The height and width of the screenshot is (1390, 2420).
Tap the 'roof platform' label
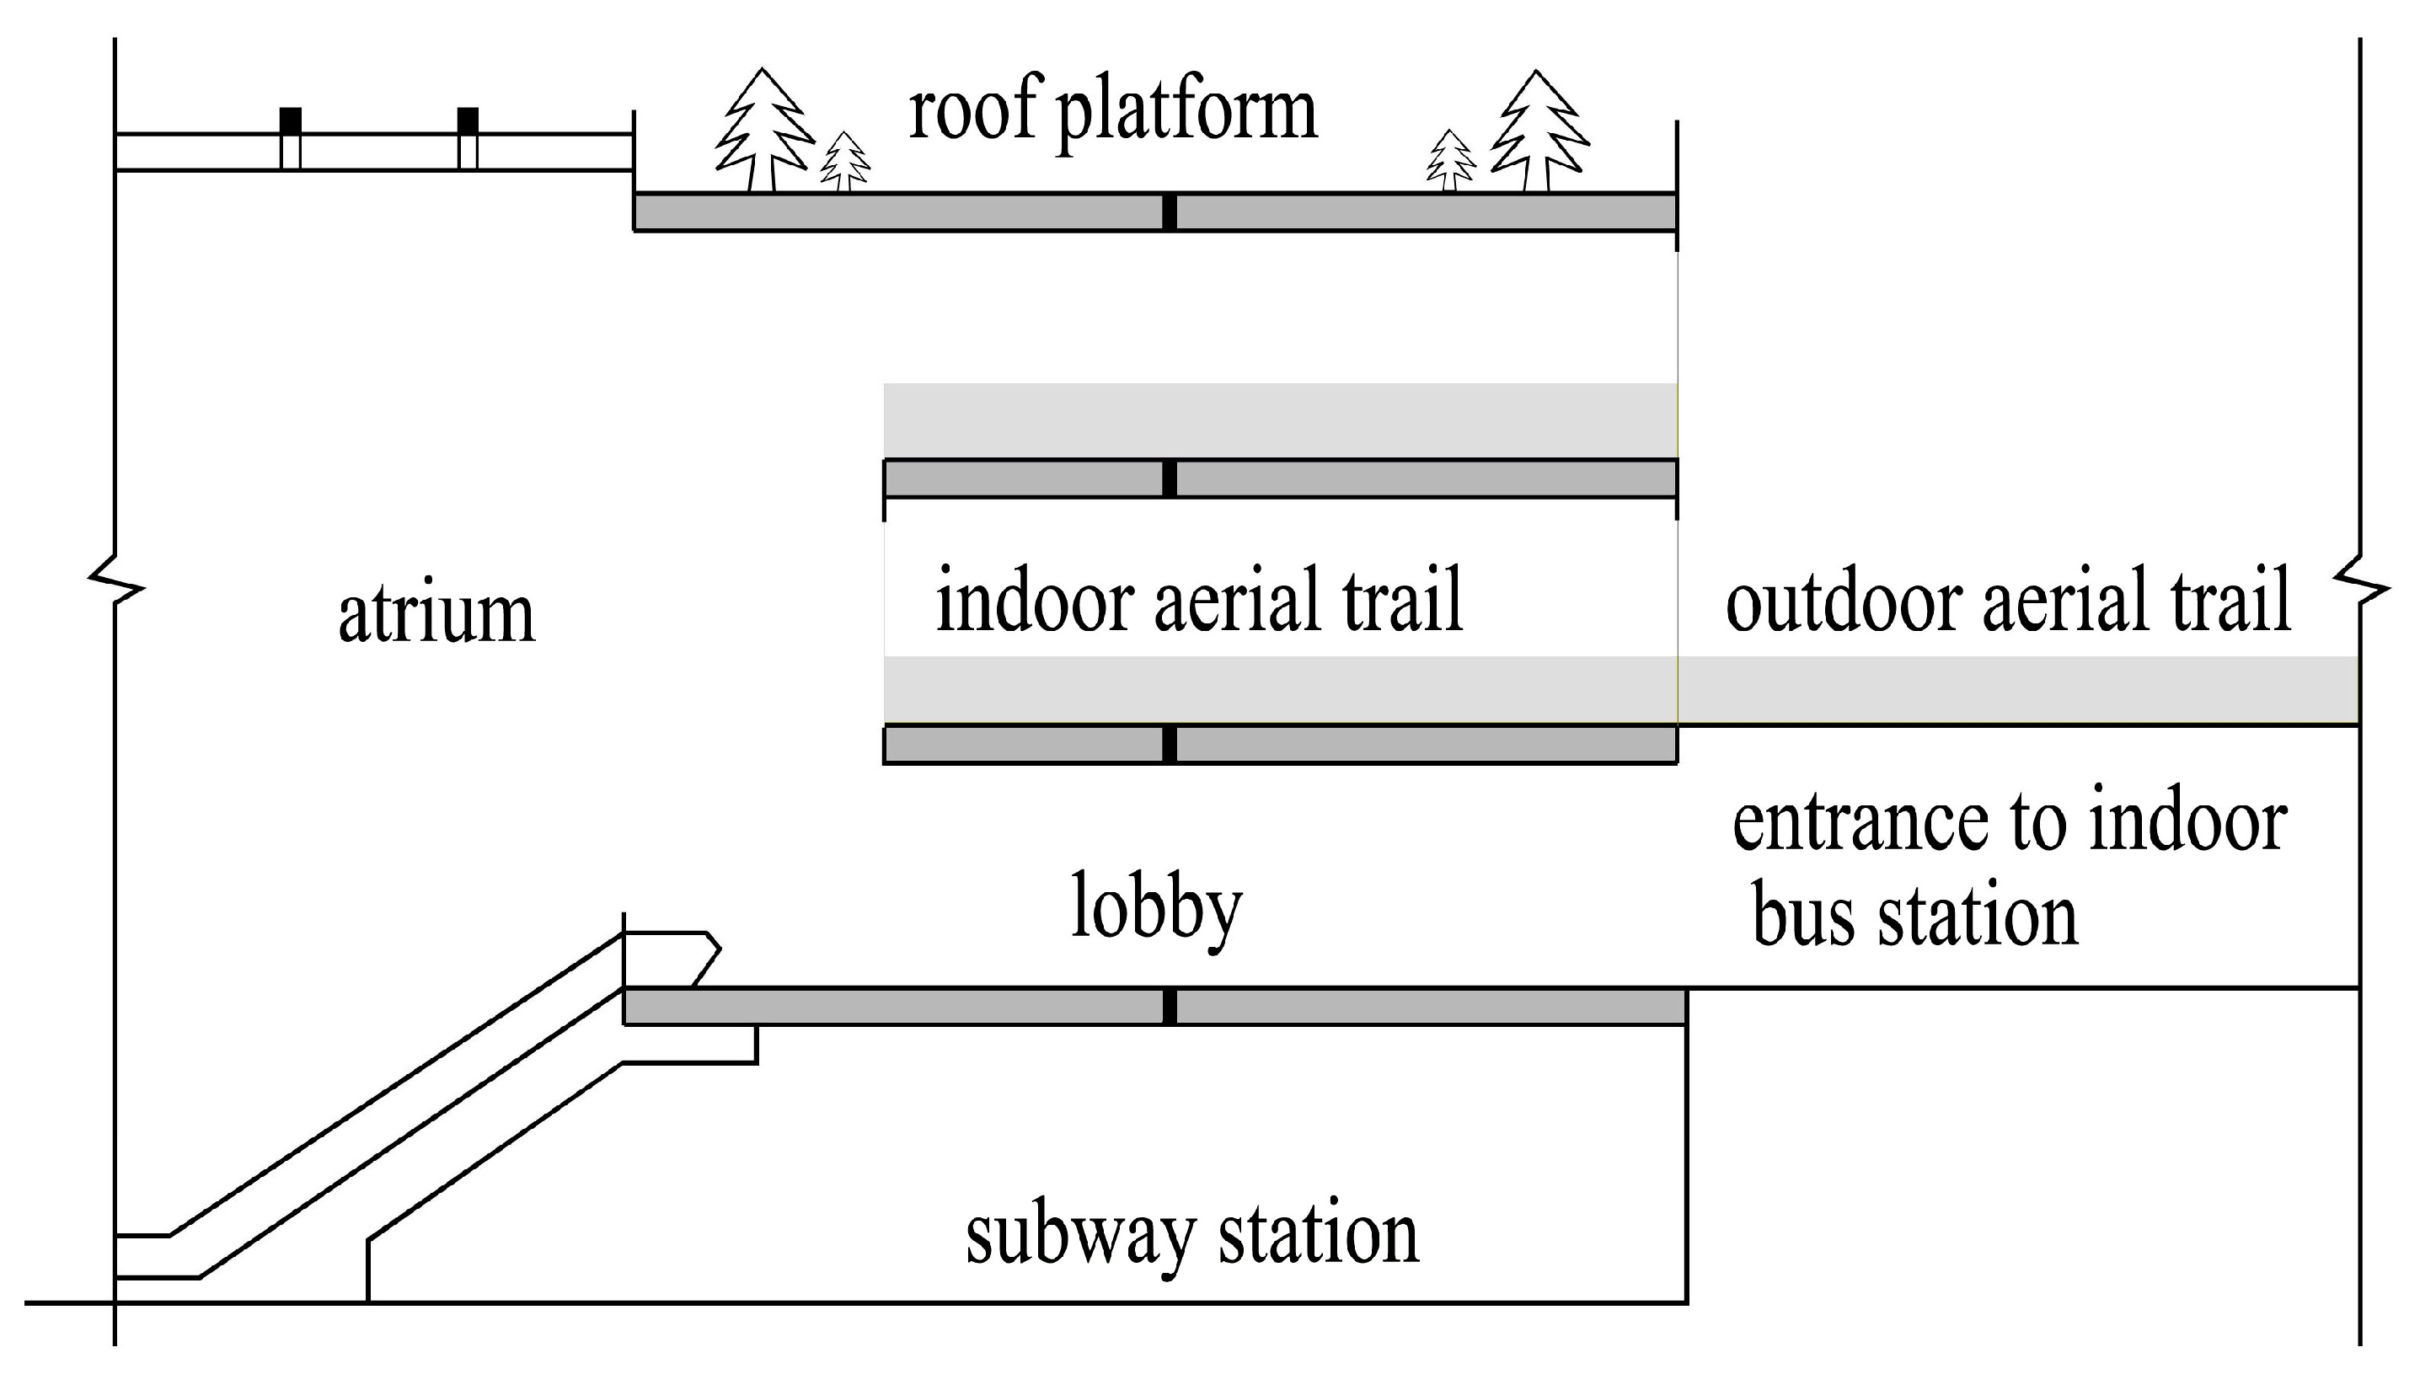pyautogui.click(x=1112, y=113)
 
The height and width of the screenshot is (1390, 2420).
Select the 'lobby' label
pyautogui.click(x=1156, y=907)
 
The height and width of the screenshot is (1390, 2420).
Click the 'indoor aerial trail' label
pyautogui.click(x=1199, y=601)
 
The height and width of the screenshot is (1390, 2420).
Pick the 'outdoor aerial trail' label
pyautogui.click(x=2008, y=601)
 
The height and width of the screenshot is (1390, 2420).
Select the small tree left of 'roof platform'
pyautogui.click(x=845, y=163)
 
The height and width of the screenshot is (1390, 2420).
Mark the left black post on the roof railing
pyautogui.click(x=290, y=122)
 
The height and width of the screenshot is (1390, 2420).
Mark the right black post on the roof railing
pyautogui.click(x=468, y=122)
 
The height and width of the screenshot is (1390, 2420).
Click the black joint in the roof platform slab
pyautogui.click(x=1170, y=212)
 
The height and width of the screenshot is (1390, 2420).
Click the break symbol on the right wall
pyautogui.click(x=2361, y=579)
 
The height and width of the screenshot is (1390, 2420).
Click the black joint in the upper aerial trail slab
pyautogui.click(x=1170, y=478)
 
